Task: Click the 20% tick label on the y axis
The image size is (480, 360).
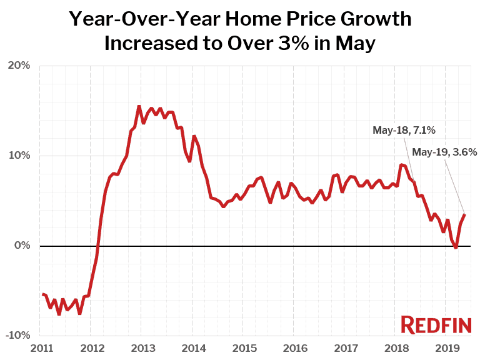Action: coord(18,66)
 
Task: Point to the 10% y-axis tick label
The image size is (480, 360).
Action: coord(18,156)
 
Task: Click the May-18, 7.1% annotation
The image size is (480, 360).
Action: coord(404,130)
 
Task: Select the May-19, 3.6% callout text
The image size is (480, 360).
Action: coord(445,152)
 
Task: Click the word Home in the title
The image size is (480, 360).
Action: coord(266,19)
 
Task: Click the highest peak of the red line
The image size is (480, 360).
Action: coord(139,106)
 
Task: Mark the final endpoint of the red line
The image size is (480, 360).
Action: coord(464,215)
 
